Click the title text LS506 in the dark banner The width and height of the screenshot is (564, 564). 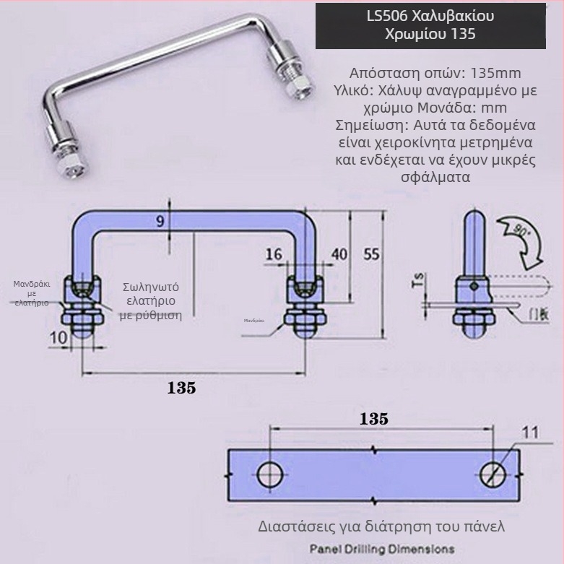pyautogui.click(x=391, y=16)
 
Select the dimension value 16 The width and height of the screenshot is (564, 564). pyautogui.click(x=273, y=254)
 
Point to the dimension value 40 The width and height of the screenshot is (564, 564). pyautogui.click(x=339, y=254)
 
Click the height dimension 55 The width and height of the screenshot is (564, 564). pyautogui.click(x=371, y=254)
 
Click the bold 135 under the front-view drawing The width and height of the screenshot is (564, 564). pyautogui.click(x=181, y=388)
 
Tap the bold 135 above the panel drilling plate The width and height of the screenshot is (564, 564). pyautogui.click(x=373, y=419)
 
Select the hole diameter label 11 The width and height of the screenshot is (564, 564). pyautogui.click(x=530, y=433)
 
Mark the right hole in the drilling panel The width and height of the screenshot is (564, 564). pyautogui.click(x=494, y=474)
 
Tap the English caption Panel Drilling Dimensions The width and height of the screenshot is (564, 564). pyautogui.click(x=381, y=549)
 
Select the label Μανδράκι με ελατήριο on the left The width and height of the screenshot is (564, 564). pyautogui.click(x=32, y=293)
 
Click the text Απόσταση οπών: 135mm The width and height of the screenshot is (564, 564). pyautogui.click(x=435, y=74)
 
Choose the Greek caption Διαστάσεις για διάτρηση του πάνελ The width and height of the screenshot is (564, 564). pyautogui.click(x=381, y=526)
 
